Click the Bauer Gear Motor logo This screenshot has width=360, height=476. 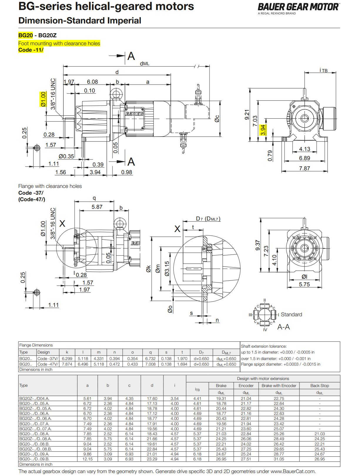(298, 7)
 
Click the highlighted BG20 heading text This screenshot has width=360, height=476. (26, 36)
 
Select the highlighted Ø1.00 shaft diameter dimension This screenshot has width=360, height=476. (43, 99)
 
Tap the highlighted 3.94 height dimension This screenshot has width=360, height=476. (263, 130)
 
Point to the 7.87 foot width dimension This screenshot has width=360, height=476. (304, 168)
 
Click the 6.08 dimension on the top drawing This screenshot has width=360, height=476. (92, 82)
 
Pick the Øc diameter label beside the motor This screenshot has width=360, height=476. (217, 118)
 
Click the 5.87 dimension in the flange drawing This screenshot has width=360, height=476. (97, 207)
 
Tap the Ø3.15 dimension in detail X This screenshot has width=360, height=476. (167, 269)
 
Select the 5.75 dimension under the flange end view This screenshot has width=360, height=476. (304, 284)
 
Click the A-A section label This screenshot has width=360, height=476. (283, 327)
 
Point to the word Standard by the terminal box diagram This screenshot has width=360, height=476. (291, 314)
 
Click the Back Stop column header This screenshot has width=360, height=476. (319, 386)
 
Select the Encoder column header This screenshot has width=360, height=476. (246, 386)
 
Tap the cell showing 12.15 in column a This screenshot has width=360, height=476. (87, 459)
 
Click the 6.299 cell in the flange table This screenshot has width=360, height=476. (67, 359)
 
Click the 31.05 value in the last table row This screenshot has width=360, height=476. (279, 459)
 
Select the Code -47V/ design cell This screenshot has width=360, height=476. (48, 364)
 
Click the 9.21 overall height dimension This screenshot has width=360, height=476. (247, 115)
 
